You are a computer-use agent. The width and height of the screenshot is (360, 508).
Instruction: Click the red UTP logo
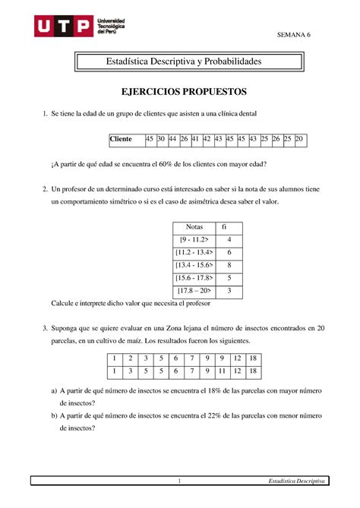pyautogui.click(x=62, y=28)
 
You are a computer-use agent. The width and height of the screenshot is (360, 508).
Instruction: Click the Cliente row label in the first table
pyautogui.click(x=121, y=140)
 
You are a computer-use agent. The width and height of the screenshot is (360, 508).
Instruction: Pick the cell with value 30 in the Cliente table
pyautogui.click(x=162, y=140)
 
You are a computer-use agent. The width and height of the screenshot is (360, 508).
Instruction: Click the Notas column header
pyautogui.click(x=185, y=227)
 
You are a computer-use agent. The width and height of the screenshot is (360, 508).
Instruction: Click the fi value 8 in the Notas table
pyautogui.click(x=229, y=265)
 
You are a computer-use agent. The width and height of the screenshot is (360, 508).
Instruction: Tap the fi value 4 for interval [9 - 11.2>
pyautogui.click(x=229, y=240)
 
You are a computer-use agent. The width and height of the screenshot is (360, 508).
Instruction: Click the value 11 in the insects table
pyautogui.click(x=222, y=371)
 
